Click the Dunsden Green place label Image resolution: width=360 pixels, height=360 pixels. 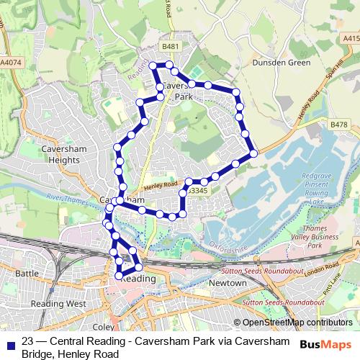pos(280,63)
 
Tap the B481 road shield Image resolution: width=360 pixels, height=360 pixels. pos(170,47)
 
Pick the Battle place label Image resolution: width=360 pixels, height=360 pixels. pos(27,274)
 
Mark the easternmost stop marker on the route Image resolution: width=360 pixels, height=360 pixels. pos(253,153)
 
